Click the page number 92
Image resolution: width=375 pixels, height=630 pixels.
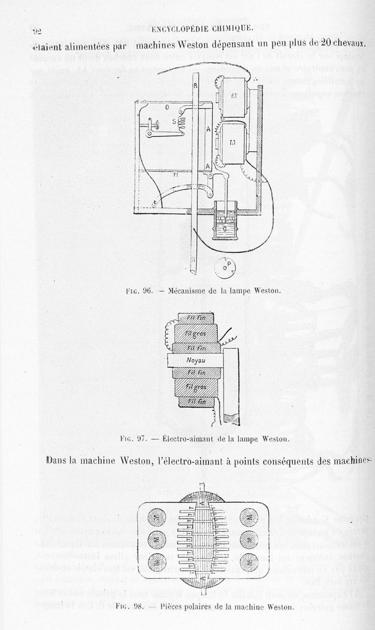pos(37,31)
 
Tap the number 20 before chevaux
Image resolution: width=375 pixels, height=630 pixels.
pos(326,43)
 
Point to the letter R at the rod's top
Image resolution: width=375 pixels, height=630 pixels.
pos(195,87)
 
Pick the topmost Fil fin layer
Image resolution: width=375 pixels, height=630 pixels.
pos(196,319)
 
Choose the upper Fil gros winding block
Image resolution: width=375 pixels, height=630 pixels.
pos(195,334)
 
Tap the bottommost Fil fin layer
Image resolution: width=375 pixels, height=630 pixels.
pos(197,402)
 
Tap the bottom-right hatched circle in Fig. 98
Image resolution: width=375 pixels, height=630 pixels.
pos(248,561)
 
